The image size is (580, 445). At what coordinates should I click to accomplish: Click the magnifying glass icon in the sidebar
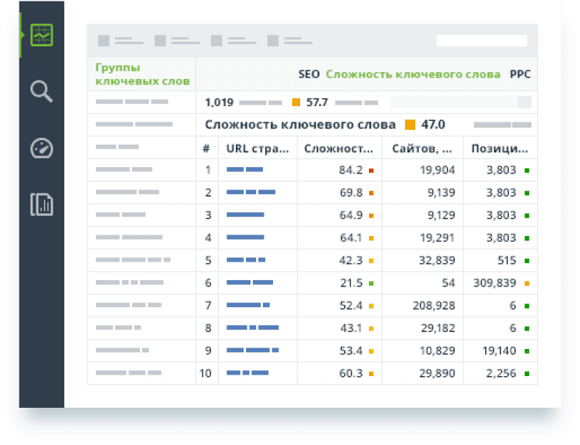coord(42,92)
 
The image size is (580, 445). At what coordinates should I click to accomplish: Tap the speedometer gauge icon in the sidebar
coord(42,148)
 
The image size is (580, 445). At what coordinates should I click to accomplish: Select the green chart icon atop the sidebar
coord(42,36)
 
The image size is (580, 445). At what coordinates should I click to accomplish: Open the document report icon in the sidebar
coord(42,204)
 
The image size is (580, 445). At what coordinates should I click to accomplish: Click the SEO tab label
coord(309,75)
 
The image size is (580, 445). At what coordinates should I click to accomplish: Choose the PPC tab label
coord(520,75)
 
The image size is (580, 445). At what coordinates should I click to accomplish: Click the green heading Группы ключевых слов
coord(128,74)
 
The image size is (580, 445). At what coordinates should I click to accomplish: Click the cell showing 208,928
coord(433,306)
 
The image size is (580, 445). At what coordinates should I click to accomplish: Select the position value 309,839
coord(494,283)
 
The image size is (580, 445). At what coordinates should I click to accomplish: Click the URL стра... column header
coord(258,149)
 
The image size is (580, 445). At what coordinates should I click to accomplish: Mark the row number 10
coord(206,373)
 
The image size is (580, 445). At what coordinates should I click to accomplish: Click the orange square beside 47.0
coord(410,125)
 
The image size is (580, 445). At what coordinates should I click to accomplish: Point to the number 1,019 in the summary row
coord(219,102)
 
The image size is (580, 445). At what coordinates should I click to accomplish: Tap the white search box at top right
coord(482,40)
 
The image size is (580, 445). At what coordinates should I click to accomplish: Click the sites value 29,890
coord(435,373)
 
